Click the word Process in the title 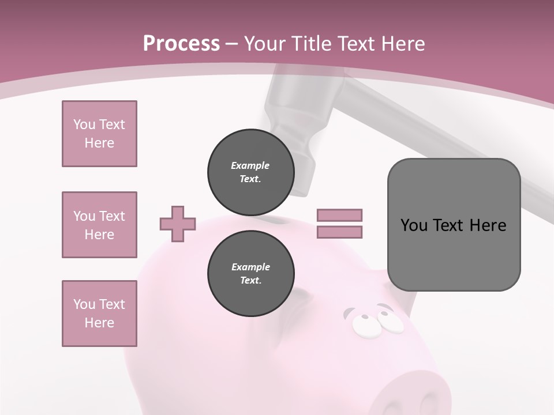click(181, 43)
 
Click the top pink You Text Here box click(99, 134)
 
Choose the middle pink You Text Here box click(99, 225)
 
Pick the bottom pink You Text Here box click(99, 314)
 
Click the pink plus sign click(178, 224)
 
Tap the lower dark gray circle click(250, 274)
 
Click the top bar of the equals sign click(339, 215)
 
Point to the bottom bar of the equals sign click(339, 232)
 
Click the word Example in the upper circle click(250, 165)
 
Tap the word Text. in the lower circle click(250, 281)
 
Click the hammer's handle click(439, 138)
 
